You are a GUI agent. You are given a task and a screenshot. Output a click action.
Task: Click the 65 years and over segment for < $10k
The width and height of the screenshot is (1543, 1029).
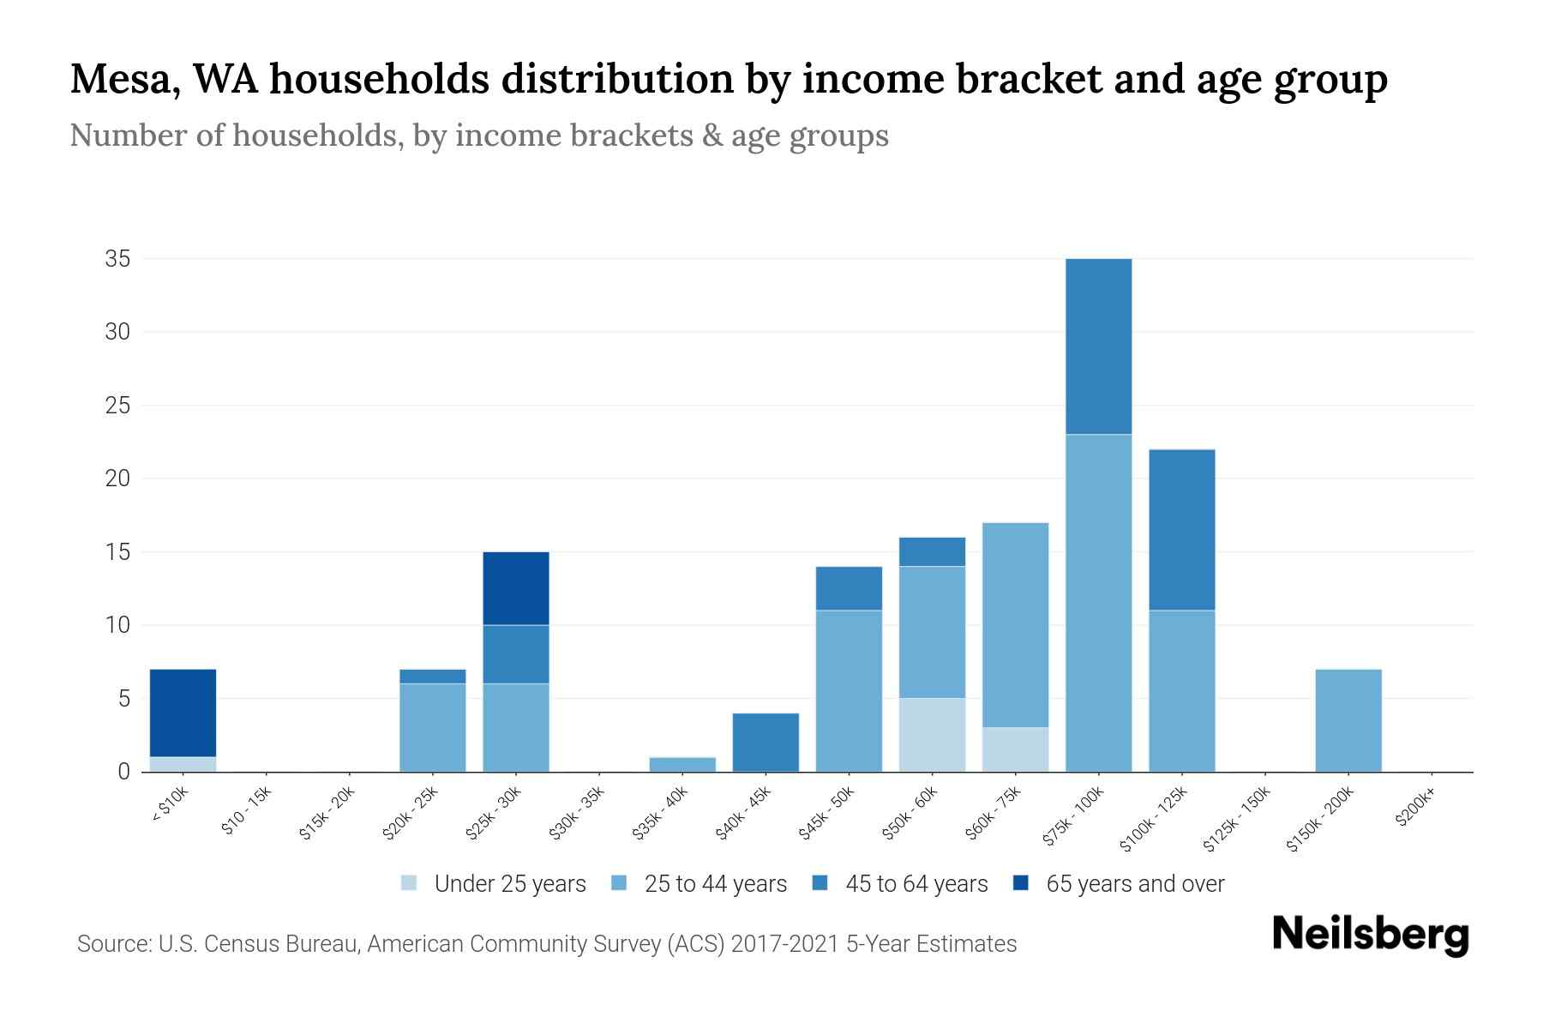click(183, 713)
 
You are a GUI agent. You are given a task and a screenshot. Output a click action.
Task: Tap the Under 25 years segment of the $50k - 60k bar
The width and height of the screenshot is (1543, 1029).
click(932, 735)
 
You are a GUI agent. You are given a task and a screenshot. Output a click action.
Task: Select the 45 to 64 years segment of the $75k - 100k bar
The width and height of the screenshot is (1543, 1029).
click(1098, 346)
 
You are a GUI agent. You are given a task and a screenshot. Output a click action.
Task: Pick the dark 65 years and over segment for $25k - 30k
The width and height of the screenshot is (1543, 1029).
click(515, 588)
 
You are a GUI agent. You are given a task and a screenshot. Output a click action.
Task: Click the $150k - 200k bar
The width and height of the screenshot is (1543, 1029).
click(1348, 720)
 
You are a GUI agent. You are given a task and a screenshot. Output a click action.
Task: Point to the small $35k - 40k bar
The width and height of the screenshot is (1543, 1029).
click(682, 764)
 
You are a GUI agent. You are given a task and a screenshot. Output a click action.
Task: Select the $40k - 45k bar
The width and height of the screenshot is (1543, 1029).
click(765, 743)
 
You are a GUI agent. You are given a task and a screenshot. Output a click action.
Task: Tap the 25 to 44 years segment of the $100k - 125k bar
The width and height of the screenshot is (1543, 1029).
click(1181, 691)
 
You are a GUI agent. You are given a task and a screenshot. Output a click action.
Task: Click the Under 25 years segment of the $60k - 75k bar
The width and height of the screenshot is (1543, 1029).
click(1015, 749)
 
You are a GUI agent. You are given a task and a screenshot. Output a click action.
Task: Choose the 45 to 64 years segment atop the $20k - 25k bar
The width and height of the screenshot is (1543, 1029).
click(432, 677)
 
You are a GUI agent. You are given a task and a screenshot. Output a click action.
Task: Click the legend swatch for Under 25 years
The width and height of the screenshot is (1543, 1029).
click(409, 883)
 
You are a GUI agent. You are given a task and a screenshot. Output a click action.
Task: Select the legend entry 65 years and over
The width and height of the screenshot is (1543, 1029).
click(1134, 884)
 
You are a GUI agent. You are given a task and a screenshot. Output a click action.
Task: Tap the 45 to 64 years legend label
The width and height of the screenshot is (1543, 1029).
click(916, 884)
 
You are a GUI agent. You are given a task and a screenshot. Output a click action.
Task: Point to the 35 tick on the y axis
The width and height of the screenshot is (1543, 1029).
click(117, 259)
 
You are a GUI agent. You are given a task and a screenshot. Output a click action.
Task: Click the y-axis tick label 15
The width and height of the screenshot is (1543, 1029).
click(117, 552)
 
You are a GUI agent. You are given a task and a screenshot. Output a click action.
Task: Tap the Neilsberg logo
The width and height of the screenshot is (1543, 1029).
click(1370, 936)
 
